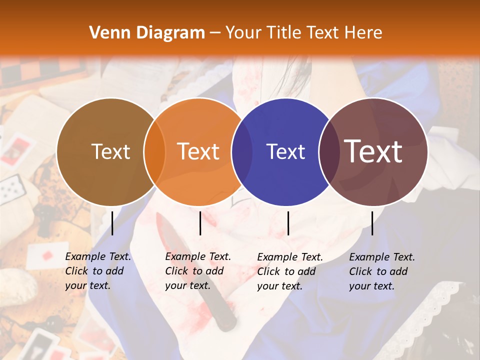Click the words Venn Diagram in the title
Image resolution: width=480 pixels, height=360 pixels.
[147, 33]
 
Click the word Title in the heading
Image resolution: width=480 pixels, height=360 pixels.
[283, 33]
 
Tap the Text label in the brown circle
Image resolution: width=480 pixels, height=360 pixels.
[110, 151]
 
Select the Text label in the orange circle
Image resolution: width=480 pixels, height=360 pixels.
[198, 151]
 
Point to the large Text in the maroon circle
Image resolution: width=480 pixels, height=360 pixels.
[373, 151]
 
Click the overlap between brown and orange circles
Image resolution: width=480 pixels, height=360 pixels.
[154, 151]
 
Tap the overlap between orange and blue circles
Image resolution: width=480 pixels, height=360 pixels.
[242, 151]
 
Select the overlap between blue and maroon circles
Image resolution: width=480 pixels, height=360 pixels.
[329, 151]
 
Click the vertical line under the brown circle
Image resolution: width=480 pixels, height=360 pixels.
[112, 223]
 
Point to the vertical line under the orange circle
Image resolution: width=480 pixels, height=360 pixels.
[200, 223]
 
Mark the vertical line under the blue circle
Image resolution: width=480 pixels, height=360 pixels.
[288, 223]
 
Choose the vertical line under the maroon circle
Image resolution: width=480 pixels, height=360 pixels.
[372, 223]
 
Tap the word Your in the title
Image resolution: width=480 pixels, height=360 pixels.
[243, 33]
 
